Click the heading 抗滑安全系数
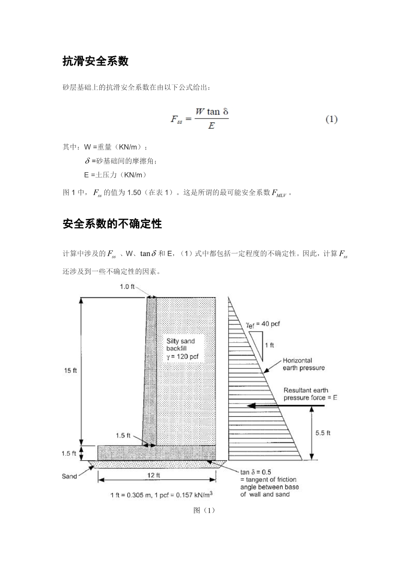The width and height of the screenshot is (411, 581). tap(95, 62)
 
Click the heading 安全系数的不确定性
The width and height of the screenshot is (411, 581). tap(112, 224)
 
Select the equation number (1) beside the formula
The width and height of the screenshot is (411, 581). tap(332, 119)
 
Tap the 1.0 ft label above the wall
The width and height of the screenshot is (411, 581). tap(127, 287)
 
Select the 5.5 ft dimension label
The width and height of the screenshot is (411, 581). tap(323, 433)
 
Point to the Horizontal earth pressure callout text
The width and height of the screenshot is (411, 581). tap(303, 364)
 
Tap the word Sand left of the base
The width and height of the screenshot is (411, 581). tap(69, 476)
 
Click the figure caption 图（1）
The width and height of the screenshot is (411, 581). tap(205, 510)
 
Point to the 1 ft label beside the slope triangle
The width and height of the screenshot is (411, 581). tap(269, 345)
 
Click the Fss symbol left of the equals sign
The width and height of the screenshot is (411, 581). tap(176, 119)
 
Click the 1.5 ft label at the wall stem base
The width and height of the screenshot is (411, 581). tap(123, 435)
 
